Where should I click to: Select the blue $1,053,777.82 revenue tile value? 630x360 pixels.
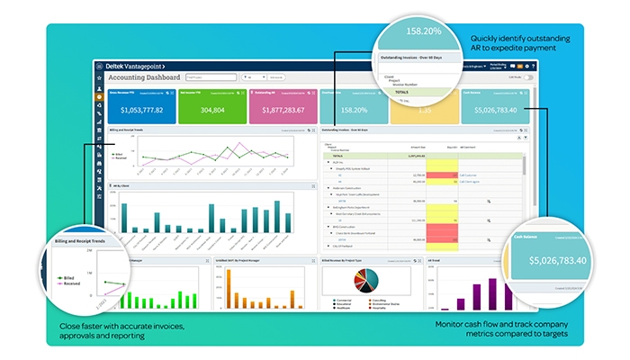(139, 111)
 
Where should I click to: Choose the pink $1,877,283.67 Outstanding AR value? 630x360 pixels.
(283, 111)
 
